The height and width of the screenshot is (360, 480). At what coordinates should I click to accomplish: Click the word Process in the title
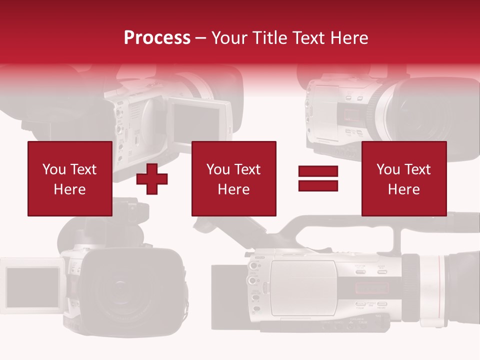[x=157, y=38]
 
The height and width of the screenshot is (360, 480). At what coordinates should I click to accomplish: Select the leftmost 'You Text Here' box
[x=69, y=178]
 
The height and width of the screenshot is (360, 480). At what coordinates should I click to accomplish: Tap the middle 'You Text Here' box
[x=233, y=178]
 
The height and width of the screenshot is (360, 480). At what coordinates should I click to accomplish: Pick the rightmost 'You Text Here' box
[x=403, y=178]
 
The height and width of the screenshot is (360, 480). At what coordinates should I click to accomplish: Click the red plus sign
[x=152, y=179]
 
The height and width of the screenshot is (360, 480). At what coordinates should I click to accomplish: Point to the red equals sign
[x=318, y=179]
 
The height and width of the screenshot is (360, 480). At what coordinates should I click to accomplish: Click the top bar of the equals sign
[x=318, y=171]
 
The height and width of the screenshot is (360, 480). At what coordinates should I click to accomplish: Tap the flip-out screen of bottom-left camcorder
[x=32, y=287]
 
